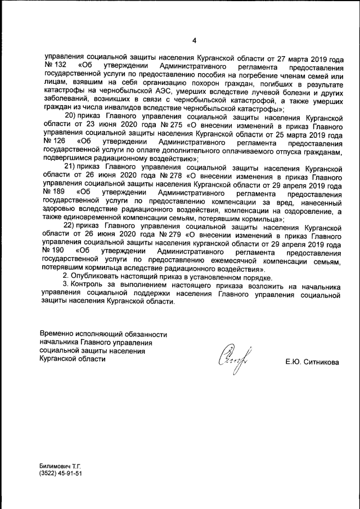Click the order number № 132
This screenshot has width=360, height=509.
click(x=53, y=67)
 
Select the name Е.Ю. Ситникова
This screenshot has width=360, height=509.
click(x=312, y=363)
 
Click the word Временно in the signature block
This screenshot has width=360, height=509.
click(x=59, y=334)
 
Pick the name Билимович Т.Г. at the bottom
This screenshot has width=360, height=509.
click(x=60, y=467)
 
